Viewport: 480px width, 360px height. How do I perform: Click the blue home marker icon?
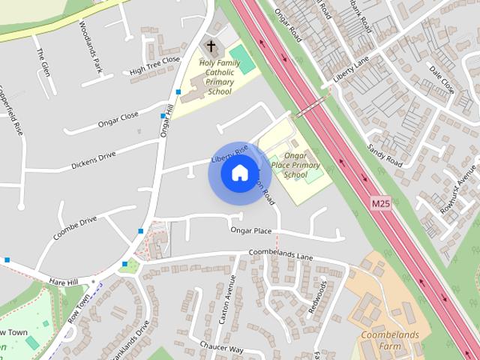(x=238, y=172)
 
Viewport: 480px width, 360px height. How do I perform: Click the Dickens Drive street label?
(x=93, y=160)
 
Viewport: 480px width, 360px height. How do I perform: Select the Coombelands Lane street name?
(x=280, y=256)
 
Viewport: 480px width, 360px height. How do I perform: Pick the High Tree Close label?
(x=154, y=65)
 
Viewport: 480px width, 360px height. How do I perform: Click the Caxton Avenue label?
(x=226, y=298)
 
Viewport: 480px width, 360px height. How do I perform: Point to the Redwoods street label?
(x=317, y=297)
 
